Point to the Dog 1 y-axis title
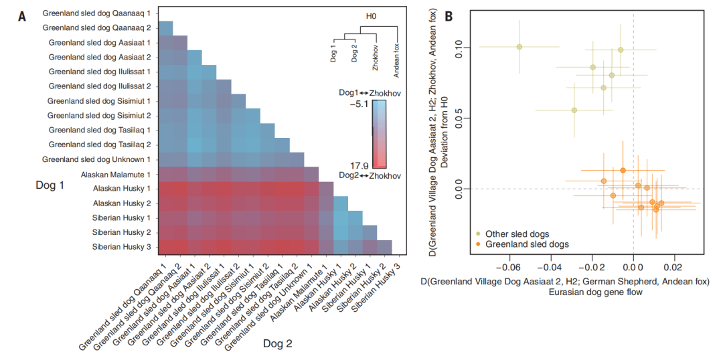click(x=50, y=185)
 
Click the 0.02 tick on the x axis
click(x=673, y=266)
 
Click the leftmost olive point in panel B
click(x=519, y=47)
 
